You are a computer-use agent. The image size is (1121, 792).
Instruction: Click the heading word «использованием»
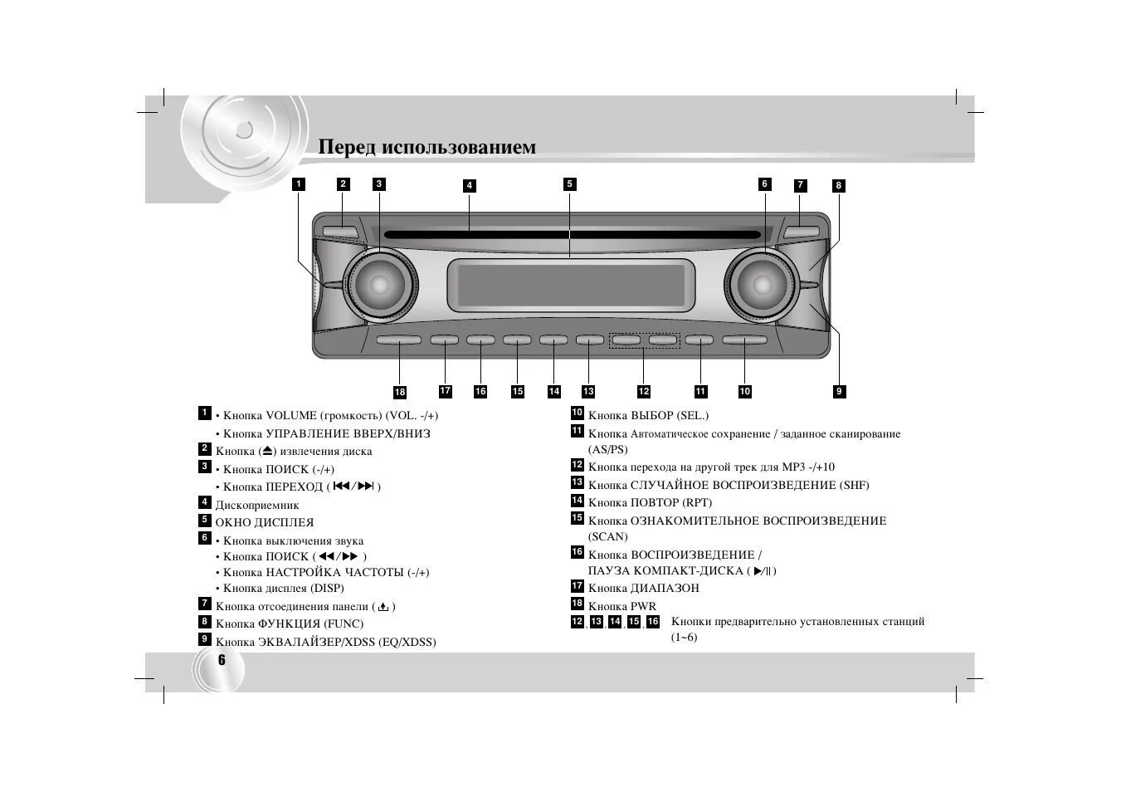pyautogui.click(x=458, y=148)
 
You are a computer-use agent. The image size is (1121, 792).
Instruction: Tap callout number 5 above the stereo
pyautogui.click(x=569, y=184)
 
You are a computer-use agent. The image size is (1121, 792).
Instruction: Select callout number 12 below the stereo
pyautogui.click(x=644, y=391)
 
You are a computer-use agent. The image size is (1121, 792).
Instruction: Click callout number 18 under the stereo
pyautogui.click(x=400, y=392)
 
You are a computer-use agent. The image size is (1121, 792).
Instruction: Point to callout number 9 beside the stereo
pyautogui.click(x=839, y=391)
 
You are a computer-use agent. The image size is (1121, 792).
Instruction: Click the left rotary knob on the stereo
pyautogui.click(x=379, y=285)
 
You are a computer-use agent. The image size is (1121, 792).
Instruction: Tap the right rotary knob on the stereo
pyautogui.click(x=761, y=285)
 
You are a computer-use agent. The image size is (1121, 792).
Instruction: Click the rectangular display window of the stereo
pyautogui.click(x=570, y=284)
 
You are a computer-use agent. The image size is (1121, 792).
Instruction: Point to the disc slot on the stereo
pyautogui.click(x=573, y=235)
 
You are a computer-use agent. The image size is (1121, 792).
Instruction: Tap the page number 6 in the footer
pyautogui.click(x=222, y=661)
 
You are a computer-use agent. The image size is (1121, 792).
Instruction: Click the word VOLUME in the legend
pyautogui.click(x=291, y=416)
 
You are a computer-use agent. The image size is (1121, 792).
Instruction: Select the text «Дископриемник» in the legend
pyautogui.click(x=257, y=505)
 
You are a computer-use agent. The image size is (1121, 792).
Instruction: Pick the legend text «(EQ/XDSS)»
pyautogui.click(x=407, y=642)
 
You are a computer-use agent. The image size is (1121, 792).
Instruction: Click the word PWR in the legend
pyautogui.click(x=643, y=606)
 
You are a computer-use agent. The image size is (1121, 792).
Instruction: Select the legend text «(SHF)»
pyautogui.click(x=854, y=485)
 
